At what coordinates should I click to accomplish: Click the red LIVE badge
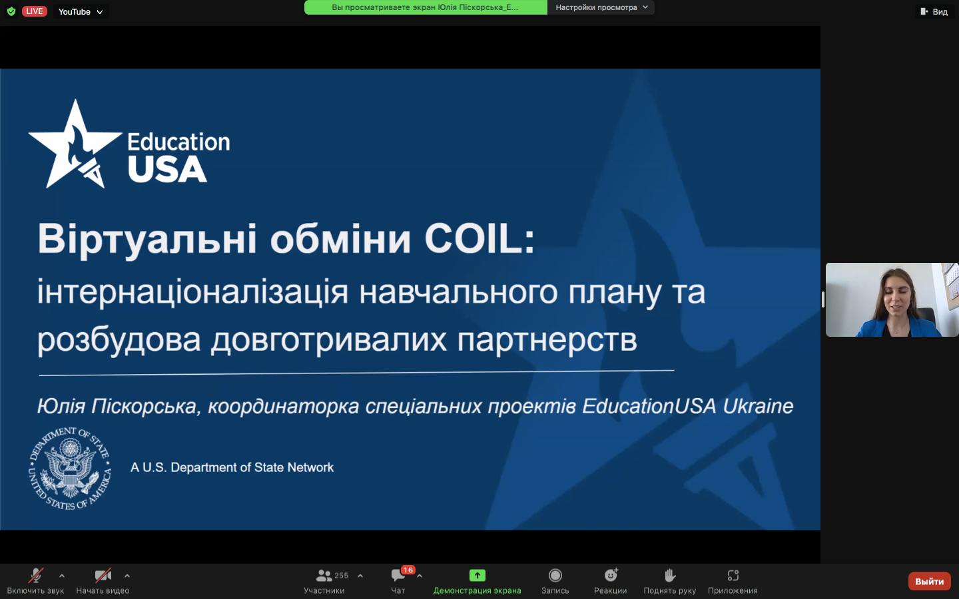(x=34, y=11)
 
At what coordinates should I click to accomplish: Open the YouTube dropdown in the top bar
(x=81, y=11)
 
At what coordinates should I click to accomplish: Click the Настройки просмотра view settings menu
(x=601, y=7)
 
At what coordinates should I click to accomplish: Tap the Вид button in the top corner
(x=935, y=11)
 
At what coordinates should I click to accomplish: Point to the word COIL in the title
(x=479, y=238)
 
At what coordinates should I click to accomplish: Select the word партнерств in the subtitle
(x=547, y=340)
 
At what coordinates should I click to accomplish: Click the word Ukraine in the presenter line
(x=758, y=406)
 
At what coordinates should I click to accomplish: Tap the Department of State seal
(x=70, y=468)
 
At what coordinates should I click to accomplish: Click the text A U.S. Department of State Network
(x=232, y=467)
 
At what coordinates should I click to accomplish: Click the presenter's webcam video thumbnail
(x=892, y=300)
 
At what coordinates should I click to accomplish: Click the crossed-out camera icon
(x=103, y=576)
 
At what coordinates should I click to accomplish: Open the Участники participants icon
(x=324, y=576)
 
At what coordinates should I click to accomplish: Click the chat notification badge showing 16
(x=408, y=570)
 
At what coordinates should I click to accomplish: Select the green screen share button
(x=478, y=576)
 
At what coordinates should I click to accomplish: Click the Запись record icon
(x=555, y=576)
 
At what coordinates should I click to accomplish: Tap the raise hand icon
(x=670, y=576)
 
